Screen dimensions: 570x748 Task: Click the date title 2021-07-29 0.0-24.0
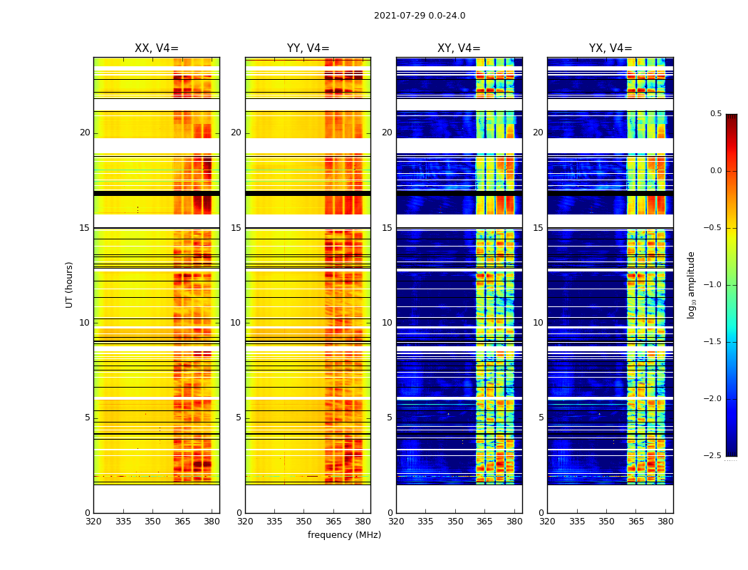pyautogui.click(x=420, y=16)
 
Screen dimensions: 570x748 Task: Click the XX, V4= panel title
pyautogui.click(x=157, y=48)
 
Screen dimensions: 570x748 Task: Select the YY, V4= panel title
pyautogui.click(x=308, y=48)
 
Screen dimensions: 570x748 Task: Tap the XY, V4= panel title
pyautogui.click(x=459, y=48)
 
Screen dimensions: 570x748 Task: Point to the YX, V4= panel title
pyautogui.click(x=611, y=48)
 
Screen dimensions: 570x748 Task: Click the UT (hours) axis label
pyautogui.click(x=70, y=284)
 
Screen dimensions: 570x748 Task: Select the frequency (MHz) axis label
pyautogui.click(x=344, y=535)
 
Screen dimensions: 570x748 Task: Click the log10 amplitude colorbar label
pyautogui.click(x=691, y=284)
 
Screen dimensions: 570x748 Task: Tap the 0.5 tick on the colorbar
pyautogui.click(x=716, y=114)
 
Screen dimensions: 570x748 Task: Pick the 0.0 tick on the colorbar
pyautogui.click(x=716, y=171)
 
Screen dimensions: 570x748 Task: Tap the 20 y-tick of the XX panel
pyautogui.click(x=85, y=133)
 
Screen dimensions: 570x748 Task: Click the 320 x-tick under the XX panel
pyautogui.click(x=94, y=522)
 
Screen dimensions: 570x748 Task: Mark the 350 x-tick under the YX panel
pyautogui.click(x=606, y=522)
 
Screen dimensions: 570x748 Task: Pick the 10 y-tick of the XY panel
pyautogui.click(x=387, y=323)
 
